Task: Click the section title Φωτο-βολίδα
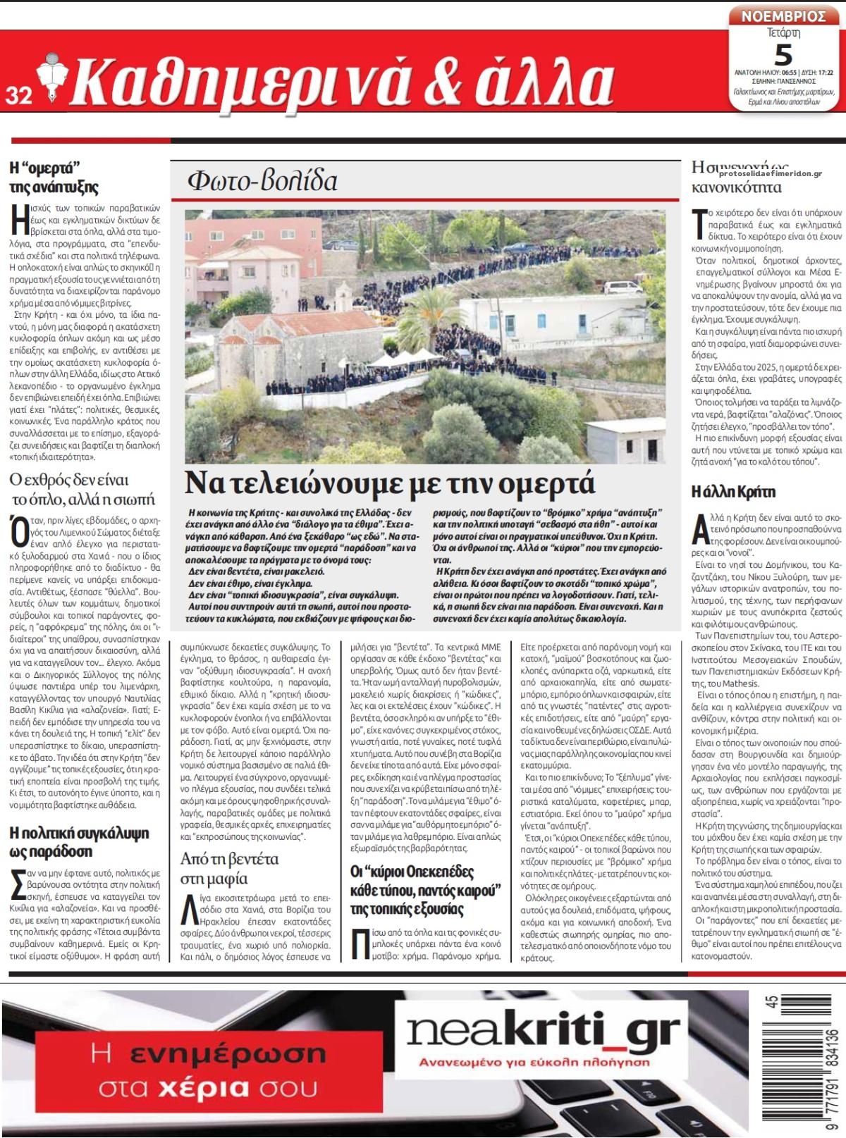click(x=262, y=182)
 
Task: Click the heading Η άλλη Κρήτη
click(x=733, y=491)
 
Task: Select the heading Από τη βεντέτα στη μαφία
click(x=229, y=868)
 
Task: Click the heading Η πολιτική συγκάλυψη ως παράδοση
click(x=79, y=842)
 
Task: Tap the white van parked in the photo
click(x=623, y=287)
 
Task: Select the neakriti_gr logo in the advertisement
click(x=544, y=1032)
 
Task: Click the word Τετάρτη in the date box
click(x=783, y=32)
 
